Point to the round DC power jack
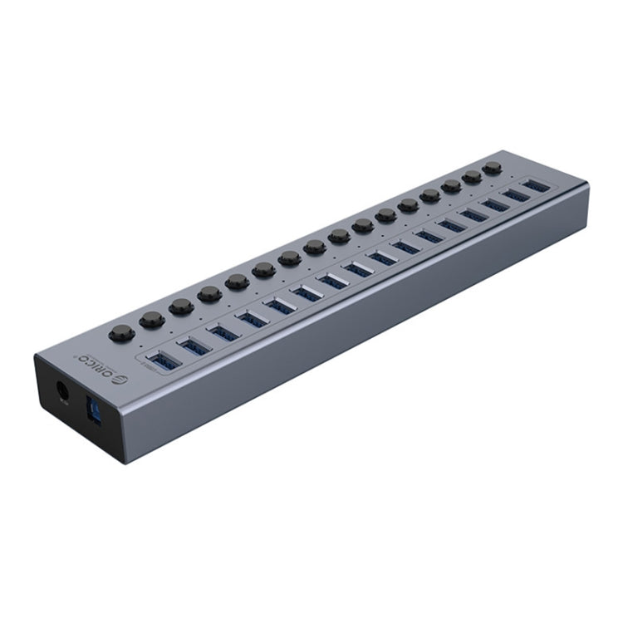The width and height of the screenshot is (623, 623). click(61, 390)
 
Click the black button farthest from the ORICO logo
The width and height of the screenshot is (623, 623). click(493, 168)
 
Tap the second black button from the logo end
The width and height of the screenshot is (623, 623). click(150, 319)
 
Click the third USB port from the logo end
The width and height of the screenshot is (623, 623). click(224, 331)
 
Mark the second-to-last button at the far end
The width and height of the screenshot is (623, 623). click(473, 177)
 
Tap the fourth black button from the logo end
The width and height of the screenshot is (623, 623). click(208, 293)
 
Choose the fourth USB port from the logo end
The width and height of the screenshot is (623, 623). click(253, 317)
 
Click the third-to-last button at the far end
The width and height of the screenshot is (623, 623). click(452, 187)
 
